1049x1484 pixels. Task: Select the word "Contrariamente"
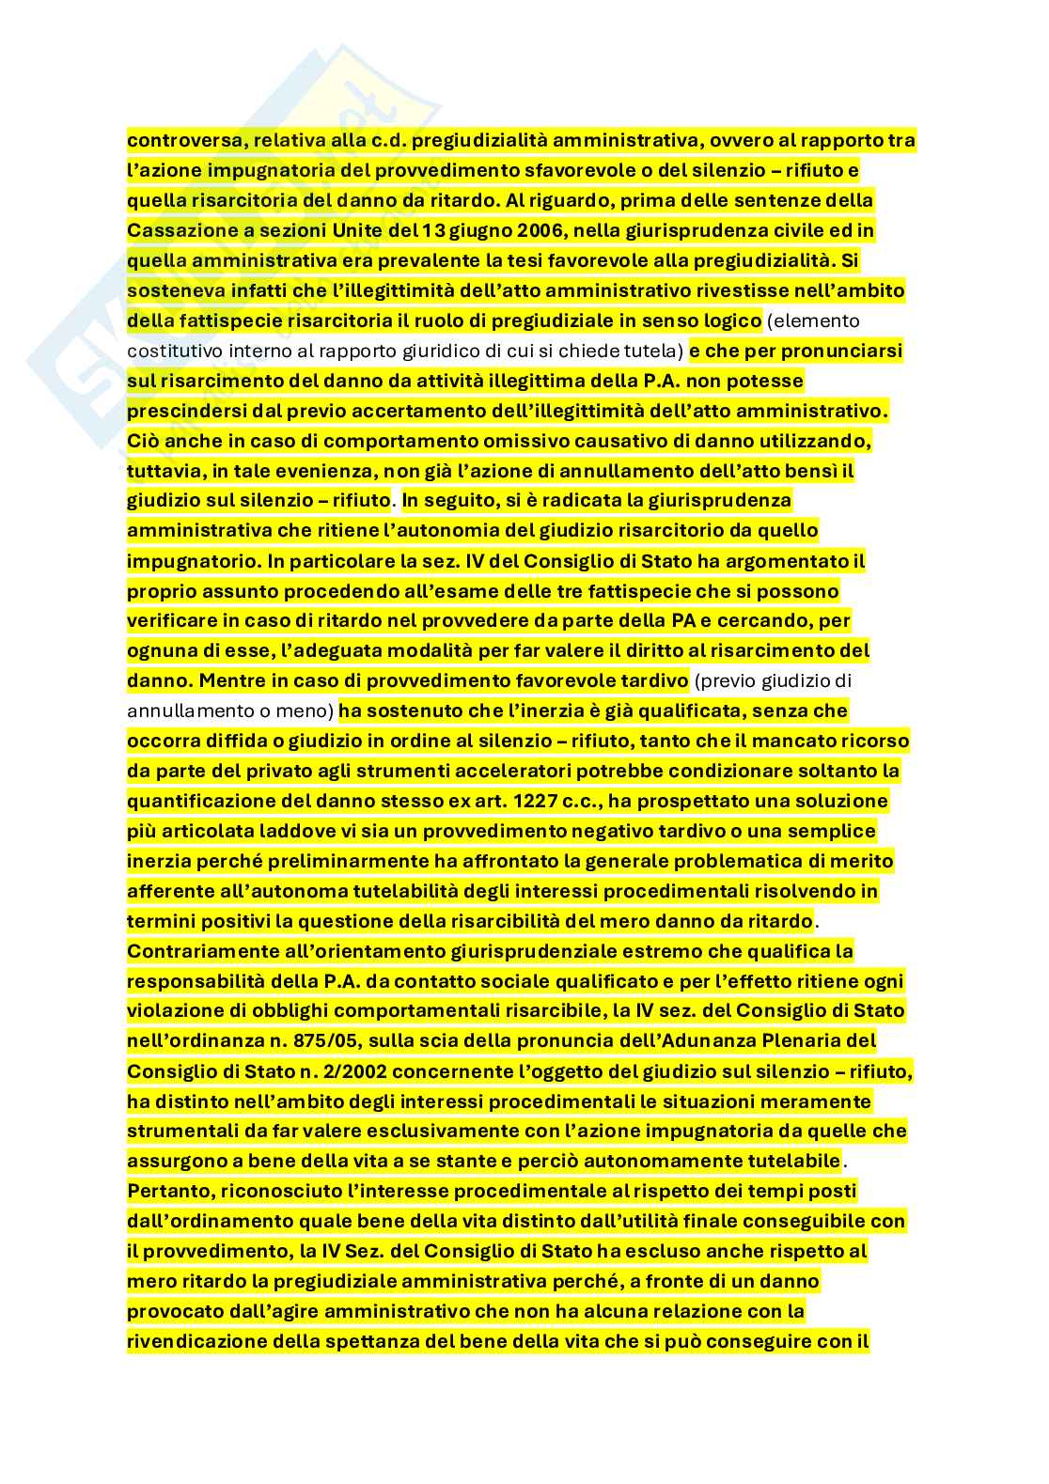203,951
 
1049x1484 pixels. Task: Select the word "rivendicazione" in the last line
196,1342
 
